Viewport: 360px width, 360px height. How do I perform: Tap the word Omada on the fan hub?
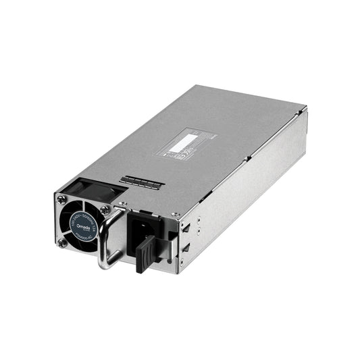pyautogui.click(x=76, y=216)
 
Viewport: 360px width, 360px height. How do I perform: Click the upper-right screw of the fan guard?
pyautogui.click(x=104, y=210)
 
